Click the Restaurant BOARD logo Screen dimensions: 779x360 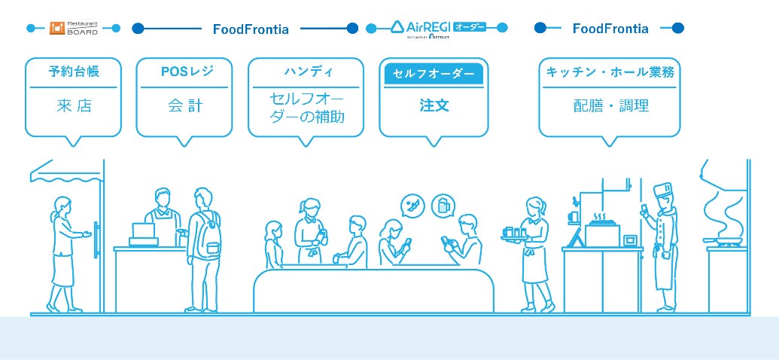(x=74, y=28)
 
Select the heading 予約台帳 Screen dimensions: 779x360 (x=74, y=72)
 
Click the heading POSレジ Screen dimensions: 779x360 (x=187, y=72)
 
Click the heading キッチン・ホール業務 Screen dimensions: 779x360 (x=610, y=72)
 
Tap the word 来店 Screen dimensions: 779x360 (x=74, y=105)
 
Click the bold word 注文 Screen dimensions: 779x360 (x=434, y=105)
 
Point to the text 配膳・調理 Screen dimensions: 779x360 (x=610, y=105)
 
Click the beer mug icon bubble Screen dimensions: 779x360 (x=443, y=205)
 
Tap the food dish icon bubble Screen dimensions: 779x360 (x=413, y=205)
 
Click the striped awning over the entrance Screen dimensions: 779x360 (x=66, y=172)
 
